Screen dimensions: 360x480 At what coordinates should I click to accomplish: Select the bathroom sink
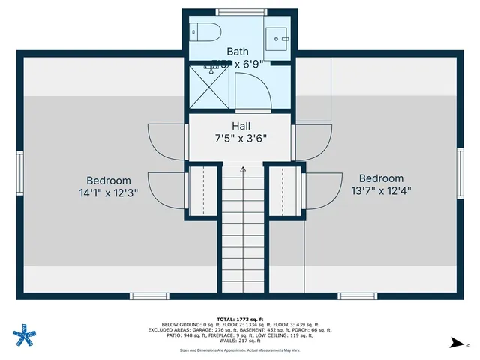point(280,36)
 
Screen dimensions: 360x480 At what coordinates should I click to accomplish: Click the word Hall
point(241,126)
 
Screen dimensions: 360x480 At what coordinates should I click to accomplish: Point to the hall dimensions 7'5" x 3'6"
point(241,138)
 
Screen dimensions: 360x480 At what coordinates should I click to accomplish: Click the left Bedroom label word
point(109,181)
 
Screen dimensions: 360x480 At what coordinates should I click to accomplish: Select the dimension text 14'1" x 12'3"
point(109,193)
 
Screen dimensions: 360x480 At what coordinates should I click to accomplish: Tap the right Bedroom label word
point(381,178)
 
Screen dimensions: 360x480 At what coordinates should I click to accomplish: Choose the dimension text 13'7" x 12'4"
point(381,190)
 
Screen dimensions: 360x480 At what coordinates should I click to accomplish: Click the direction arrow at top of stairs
point(242,170)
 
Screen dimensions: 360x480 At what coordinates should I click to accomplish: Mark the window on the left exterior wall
point(21,174)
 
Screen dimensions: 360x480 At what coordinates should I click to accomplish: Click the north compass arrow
point(455,343)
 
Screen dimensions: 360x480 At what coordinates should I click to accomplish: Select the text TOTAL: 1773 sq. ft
point(241,319)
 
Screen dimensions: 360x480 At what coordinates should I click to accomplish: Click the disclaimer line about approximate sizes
point(241,349)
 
